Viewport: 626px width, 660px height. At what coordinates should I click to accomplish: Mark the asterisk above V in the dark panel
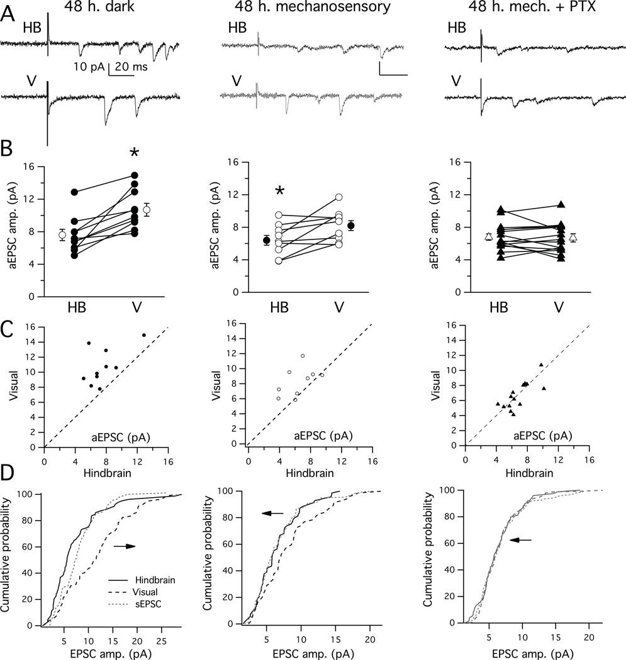(x=134, y=155)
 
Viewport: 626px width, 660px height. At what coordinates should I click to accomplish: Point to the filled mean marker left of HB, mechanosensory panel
(x=267, y=240)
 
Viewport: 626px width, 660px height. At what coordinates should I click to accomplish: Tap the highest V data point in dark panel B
(x=134, y=175)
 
